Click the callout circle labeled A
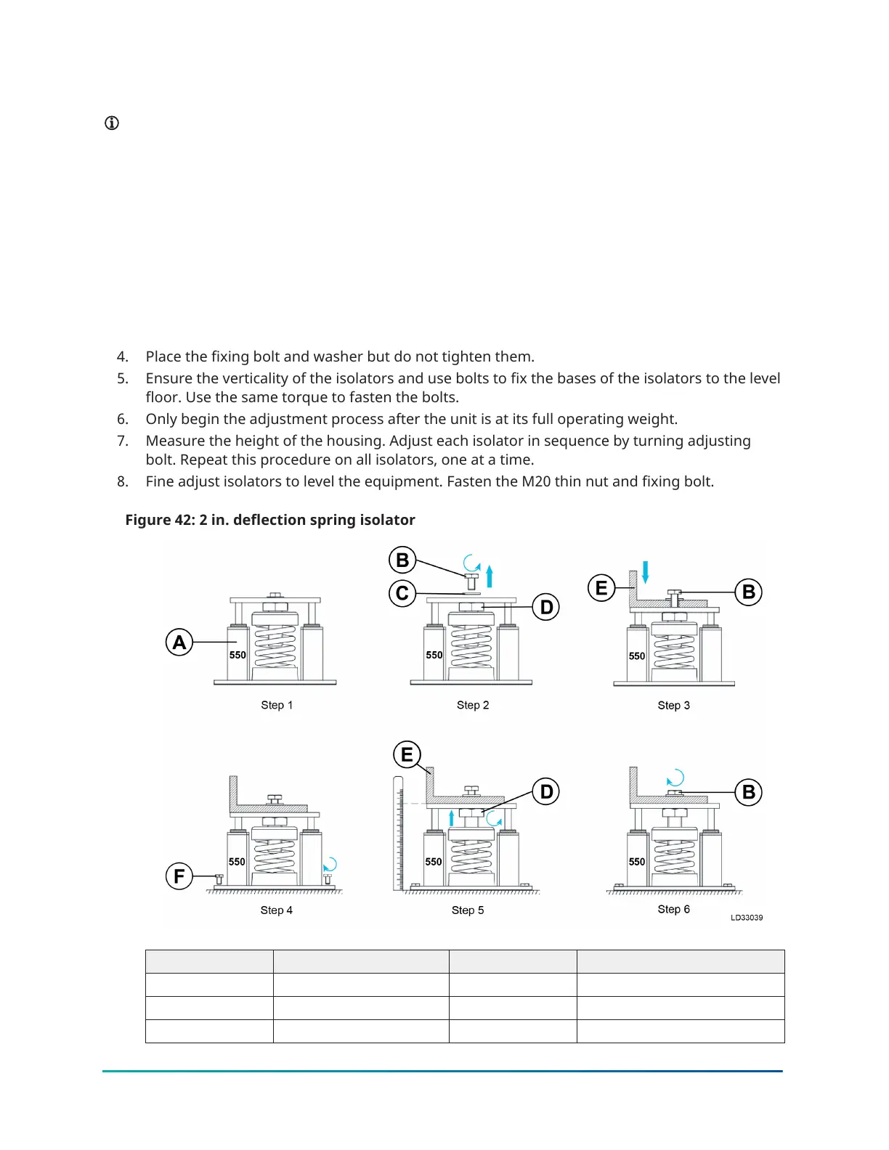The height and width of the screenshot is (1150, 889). pyautogui.click(x=179, y=643)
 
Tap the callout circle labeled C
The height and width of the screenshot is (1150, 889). pyautogui.click(x=402, y=593)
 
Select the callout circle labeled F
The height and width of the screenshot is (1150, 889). pyautogui.click(x=179, y=876)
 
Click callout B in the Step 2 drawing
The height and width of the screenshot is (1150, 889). pyautogui.click(x=402, y=560)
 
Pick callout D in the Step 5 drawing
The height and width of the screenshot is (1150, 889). pyautogui.click(x=547, y=791)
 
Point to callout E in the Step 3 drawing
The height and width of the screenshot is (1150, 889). pyautogui.click(x=601, y=587)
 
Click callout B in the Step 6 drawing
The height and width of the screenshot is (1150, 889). pyautogui.click(x=749, y=792)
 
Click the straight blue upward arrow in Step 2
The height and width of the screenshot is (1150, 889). pyautogui.click(x=490, y=576)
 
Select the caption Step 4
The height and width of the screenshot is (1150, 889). pyautogui.click(x=277, y=910)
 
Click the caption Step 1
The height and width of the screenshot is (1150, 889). pyautogui.click(x=277, y=705)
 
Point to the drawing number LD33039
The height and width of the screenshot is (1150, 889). pyautogui.click(x=747, y=918)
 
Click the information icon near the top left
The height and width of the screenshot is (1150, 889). pyautogui.click(x=112, y=123)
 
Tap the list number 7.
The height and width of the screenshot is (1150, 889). pyautogui.click(x=123, y=441)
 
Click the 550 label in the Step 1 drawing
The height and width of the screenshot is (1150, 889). pyautogui.click(x=238, y=655)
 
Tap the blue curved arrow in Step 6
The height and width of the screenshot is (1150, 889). pyautogui.click(x=675, y=778)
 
